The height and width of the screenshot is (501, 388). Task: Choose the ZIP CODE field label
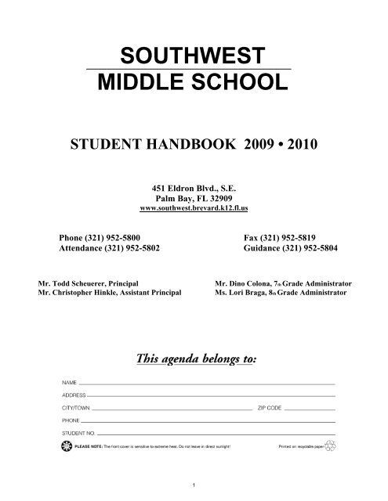point(269,409)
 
